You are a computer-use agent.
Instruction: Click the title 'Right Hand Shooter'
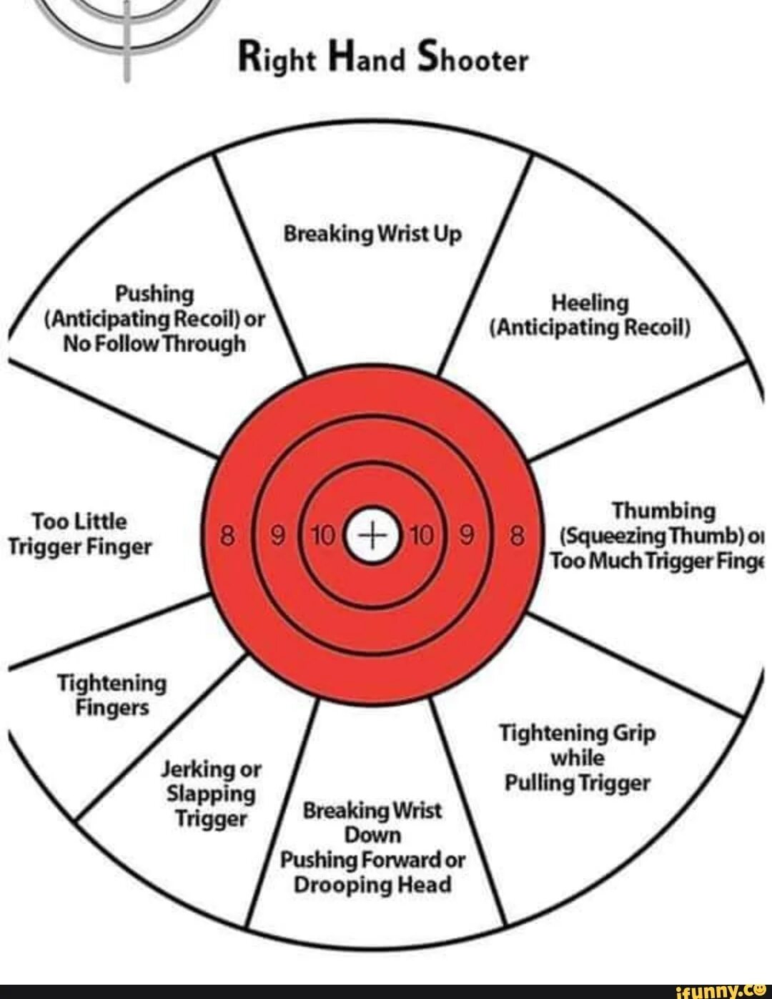383,59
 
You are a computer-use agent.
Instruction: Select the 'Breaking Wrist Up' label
372,234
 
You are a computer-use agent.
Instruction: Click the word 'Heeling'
590,303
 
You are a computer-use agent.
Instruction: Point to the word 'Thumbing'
663,511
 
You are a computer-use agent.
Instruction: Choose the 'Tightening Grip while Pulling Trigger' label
578,758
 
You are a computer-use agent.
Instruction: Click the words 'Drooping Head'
372,885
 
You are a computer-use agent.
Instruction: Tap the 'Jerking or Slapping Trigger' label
211,794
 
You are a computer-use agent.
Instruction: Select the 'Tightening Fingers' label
112,695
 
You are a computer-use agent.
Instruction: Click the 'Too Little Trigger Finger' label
80,534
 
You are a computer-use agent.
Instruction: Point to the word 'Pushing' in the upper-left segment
154,294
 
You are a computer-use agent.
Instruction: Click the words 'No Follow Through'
154,344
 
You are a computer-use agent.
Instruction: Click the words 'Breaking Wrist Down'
372,822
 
